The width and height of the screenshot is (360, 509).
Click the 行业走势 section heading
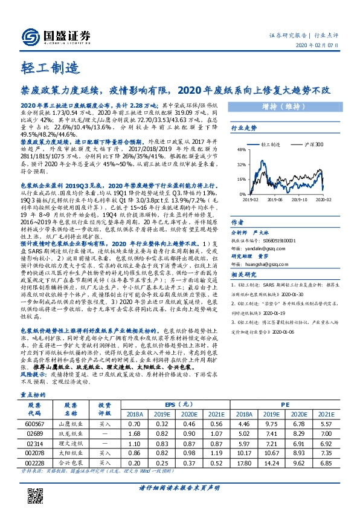point(244,128)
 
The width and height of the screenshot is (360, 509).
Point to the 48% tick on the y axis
point(241,149)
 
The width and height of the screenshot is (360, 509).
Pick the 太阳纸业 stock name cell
point(71,452)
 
